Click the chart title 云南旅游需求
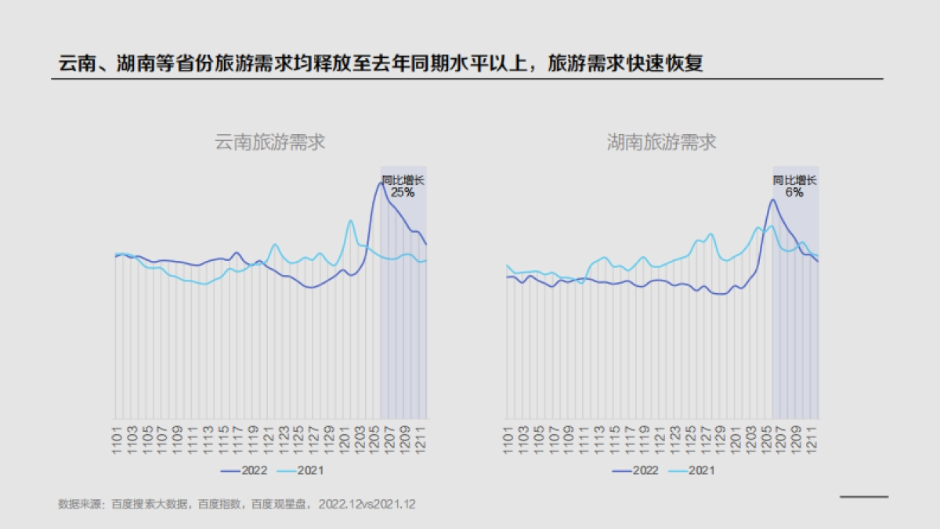coord(269,142)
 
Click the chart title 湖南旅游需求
coord(662,142)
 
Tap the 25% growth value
coord(403,192)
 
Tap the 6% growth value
coord(794,192)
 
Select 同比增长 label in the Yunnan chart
coord(403,180)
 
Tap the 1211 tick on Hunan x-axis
coord(812,437)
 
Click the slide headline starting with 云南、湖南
coord(381,63)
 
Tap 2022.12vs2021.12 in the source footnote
coord(367,505)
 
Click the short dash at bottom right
coord(864,496)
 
